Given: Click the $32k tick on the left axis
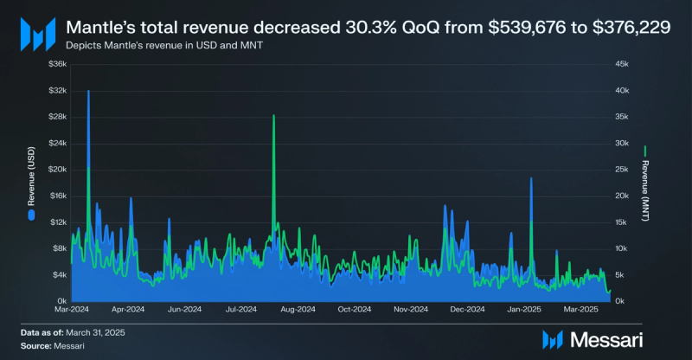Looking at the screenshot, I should pos(56,90).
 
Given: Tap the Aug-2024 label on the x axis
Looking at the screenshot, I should pos(298,309).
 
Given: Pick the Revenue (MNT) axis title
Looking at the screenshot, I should pos(645,184).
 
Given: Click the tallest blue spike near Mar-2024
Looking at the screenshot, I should pos(88,92).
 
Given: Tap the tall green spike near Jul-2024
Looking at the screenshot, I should pos(273,116).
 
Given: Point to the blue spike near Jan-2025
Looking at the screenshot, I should pos(531,178).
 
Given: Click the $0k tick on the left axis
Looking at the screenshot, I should pos(59,300).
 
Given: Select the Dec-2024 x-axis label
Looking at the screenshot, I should pos(467,309).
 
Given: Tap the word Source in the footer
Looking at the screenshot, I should pos(35,345).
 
